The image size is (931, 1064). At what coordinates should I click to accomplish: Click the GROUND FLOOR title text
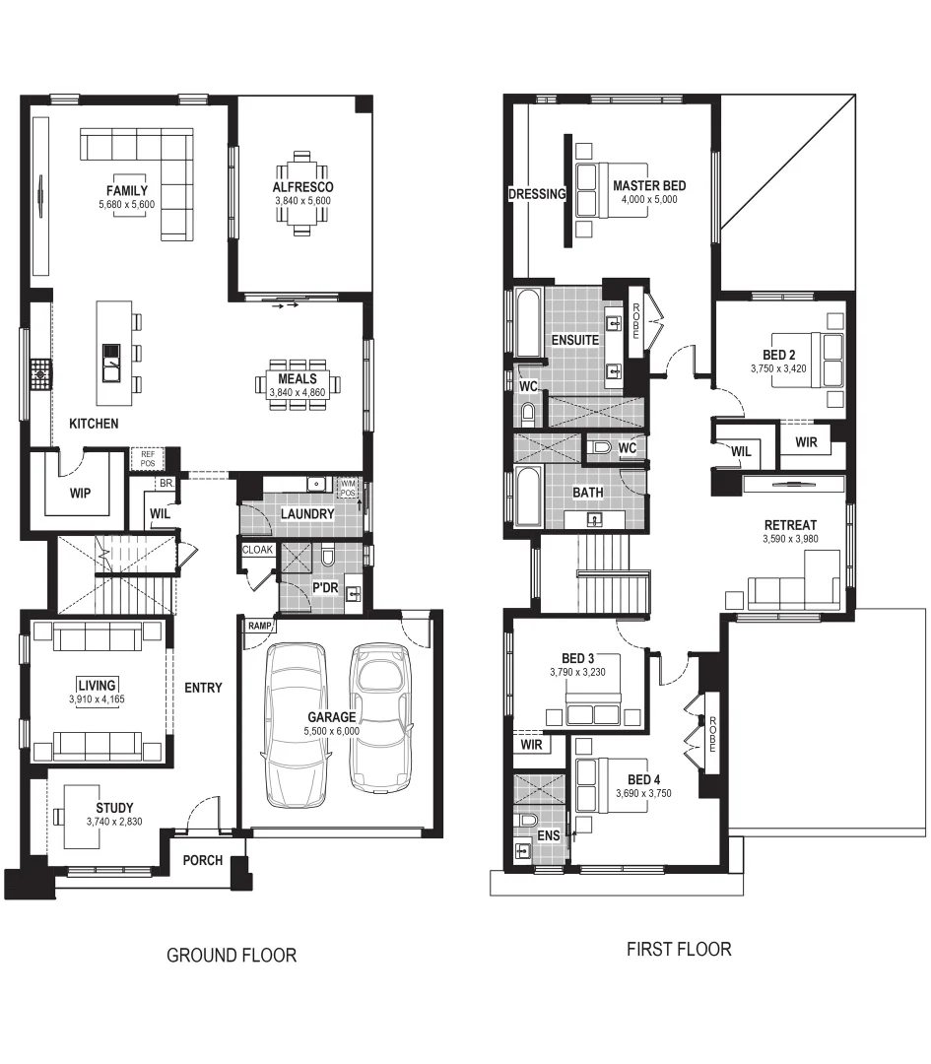coord(232,955)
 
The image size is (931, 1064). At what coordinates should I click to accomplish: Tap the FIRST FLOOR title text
coord(679,950)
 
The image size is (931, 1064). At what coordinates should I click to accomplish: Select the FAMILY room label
coord(127,190)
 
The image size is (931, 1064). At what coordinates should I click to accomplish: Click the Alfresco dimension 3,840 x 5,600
coord(303,201)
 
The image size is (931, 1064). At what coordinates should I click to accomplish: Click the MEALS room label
coord(298,378)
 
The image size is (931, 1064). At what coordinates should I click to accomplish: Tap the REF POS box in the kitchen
coord(148,458)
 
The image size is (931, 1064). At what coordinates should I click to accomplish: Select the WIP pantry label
coord(81,493)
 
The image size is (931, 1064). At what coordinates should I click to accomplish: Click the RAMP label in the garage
coord(260,626)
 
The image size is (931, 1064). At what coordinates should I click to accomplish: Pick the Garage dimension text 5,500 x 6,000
coord(332,732)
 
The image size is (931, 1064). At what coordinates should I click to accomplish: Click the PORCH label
coord(203,860)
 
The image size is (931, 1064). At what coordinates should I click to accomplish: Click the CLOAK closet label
coord(257,550)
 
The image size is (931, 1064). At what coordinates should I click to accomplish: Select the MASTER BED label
coord(649,185)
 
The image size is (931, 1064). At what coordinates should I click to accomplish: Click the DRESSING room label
coord(536,194)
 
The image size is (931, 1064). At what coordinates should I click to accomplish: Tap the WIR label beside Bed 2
coord(806,442)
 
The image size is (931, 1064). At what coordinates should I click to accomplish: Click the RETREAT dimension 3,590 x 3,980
coord(804,539)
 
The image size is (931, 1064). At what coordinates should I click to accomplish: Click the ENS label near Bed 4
coord(549,836)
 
